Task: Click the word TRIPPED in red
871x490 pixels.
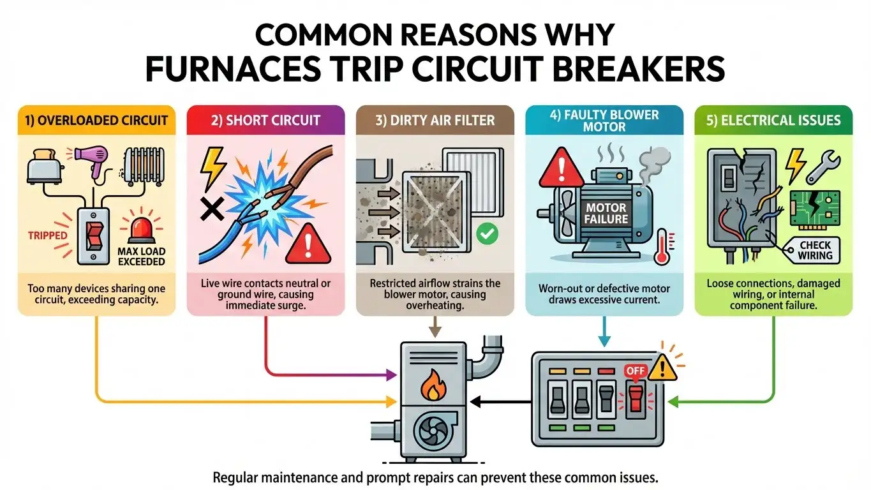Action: point(48,235)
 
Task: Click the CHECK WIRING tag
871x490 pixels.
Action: point(815,250)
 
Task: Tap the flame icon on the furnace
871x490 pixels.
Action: point(433,385)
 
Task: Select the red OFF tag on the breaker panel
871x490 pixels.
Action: point(636,369)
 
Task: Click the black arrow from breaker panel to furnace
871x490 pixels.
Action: point(501,402)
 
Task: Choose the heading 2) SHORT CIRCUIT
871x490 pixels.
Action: point(265,120)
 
